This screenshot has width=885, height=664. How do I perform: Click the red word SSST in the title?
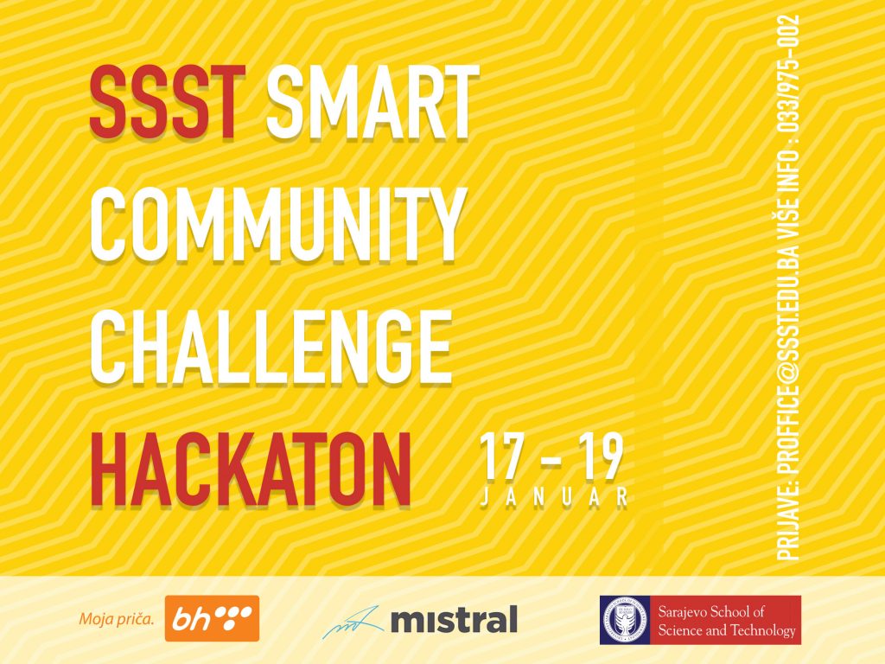(167, 102)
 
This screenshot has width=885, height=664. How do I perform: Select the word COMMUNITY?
(277, 225)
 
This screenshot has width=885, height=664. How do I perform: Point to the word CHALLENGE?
(271, 346)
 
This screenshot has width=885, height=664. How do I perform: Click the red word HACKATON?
(251, 469)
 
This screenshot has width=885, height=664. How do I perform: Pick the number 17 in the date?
(500, 458)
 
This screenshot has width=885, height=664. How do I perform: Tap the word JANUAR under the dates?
(554, 497)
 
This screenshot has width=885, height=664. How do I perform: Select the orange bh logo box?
(212, 619)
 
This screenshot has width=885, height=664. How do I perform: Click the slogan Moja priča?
(116, 619)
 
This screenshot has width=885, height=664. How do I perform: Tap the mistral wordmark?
(454, 619)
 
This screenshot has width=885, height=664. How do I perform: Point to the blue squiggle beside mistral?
(353, 622)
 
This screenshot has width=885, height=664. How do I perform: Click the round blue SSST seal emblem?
(625, 620)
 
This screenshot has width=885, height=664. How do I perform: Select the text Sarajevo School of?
(711, 611)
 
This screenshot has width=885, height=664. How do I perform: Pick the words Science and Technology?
(726, 630)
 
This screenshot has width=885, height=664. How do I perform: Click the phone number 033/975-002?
(788, 73)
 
